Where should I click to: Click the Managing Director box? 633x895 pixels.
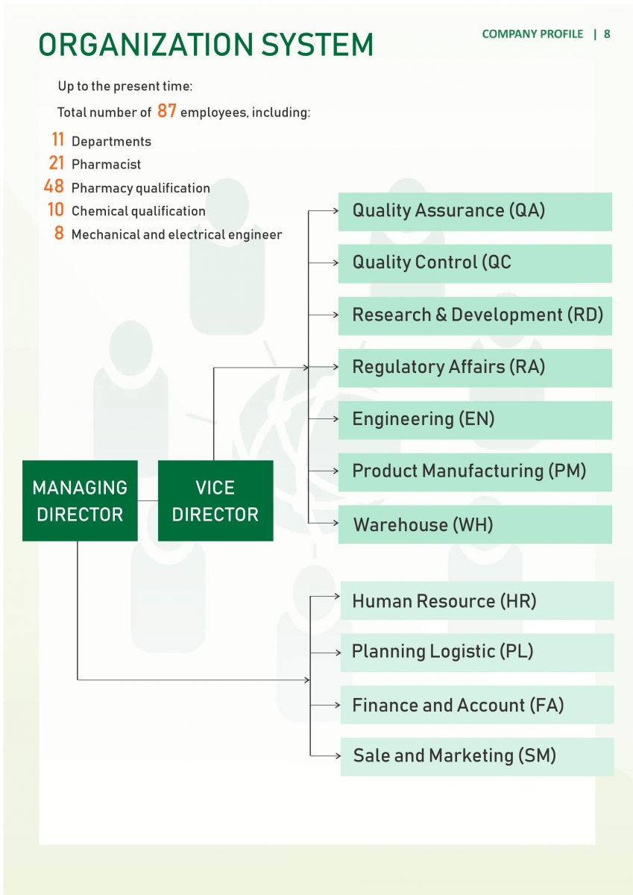pyautogui.click(x=80, y=500)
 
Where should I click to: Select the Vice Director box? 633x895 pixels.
pyautogui.click(x=215, y=500)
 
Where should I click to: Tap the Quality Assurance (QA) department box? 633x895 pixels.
pyautogui.click(x=475, y=212)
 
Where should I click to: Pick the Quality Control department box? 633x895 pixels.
pyautogui.click(x=475, y=264)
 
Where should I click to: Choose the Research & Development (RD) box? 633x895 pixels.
pyautogui.click(x=475, y=315)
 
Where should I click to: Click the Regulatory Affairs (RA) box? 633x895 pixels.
pyautogui.click(x=475, y=368)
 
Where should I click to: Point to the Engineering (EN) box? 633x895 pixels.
pyautogui.click(x=475, y=421)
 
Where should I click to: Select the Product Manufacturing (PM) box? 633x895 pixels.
pyautogui.click(x=475, y=472)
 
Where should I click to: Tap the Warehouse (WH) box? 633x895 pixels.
pyautogui.click(x=475, y=524)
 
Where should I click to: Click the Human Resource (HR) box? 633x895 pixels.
pyautogui.click(x=477, y=600)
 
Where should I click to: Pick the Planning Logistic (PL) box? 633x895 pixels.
pyautogui.click(x=477, y=653)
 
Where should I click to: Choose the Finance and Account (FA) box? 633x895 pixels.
pyautogui.click(x=477, y=705)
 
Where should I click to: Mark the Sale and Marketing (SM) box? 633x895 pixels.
pyautogui.click(x=477, y=757)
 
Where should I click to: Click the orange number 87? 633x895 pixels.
pyautogui.click(x=166, y=110)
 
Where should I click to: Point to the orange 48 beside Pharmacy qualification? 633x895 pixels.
pyautogui.click(x=54, y=186)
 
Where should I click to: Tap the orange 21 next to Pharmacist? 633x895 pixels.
pyautogui.click(x=57, y=163)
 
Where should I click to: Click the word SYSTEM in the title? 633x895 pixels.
pyautogui.click(x=317, y=44)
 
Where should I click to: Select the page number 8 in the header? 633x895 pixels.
pyautogui.click(x=607, y=34)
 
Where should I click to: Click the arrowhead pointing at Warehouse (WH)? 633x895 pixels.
pyautogui.click(x=336, y=523)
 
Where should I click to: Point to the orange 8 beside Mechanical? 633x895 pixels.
pyautogui.click(x=59, y=233)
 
